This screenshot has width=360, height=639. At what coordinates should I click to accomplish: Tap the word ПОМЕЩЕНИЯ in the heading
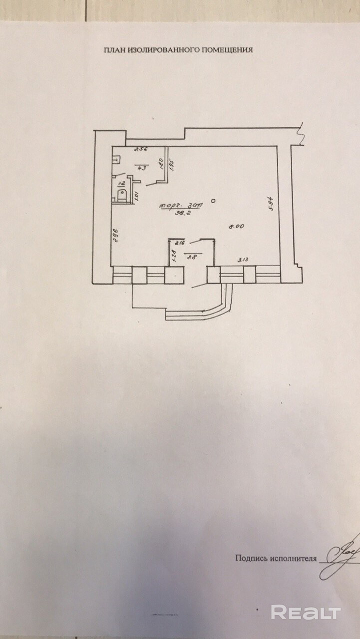click(228, 50)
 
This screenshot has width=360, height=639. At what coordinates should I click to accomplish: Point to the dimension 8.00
click(236, 226)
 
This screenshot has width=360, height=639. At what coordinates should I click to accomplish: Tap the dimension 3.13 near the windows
click(243, 259)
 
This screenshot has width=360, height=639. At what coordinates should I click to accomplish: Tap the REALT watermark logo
click(306, 612)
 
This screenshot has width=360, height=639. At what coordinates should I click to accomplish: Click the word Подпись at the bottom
click(252, 558)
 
